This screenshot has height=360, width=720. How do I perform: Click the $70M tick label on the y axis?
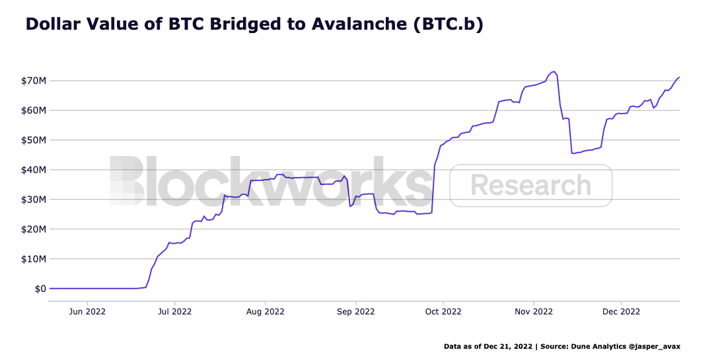click(x=32, y=81)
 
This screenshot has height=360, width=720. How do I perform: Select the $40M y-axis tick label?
click(x=32, y=170)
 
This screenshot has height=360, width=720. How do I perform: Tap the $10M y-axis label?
click(x=32, y=259)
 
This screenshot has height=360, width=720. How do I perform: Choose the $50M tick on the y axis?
click(x=32, y=140)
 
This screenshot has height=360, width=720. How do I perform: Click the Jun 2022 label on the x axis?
click(x=87, y=311)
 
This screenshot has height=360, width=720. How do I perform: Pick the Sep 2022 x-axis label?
click(x=355, y=311)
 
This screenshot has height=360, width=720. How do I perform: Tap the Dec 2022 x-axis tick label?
click(x=622, y=311)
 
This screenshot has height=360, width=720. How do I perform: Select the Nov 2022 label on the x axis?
click(x=533, y=311)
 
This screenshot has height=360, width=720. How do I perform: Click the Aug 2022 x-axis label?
click(x=265, y=311)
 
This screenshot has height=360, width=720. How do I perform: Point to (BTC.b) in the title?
click(x=447, y=25)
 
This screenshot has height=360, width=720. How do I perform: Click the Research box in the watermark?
click(x=531, y=186)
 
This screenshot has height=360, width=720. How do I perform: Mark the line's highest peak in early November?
click(x=554, y=71)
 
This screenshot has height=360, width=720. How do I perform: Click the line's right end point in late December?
click(x=680, y=77)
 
